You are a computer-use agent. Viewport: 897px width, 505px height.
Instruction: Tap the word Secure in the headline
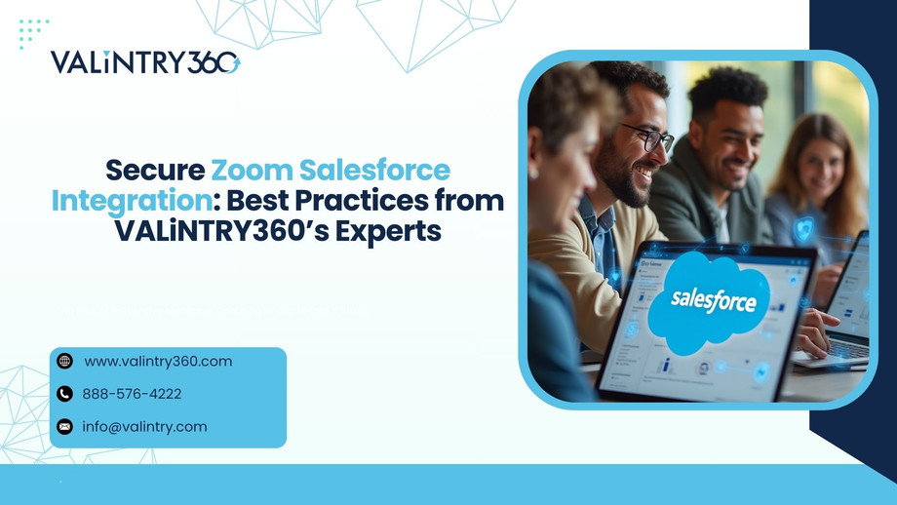pyautogui.click(x=155, y=170)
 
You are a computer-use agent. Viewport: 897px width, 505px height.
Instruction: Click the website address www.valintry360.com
pyautogui.click(x=158, y=362)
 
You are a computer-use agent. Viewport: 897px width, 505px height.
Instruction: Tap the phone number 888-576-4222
pyautogui.click(x=132, y=394)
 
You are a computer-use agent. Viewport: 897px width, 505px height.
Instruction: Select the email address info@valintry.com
pyautogui.click(x=144, y=426)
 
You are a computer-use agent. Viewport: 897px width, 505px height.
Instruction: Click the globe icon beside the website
pyautogui.click(x=65, y=362)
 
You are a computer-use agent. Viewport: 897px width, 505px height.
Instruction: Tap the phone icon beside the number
pyautogui.click(x=65, y=394)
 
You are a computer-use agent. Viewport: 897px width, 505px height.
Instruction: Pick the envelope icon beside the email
pyautogui.click(x=65, y=426)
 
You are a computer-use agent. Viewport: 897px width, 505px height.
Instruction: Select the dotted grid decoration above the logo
pyautogui.click(x=33, y=33)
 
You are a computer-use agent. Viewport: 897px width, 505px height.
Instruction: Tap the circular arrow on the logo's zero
pyautogui.click(x=227, y=63)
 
